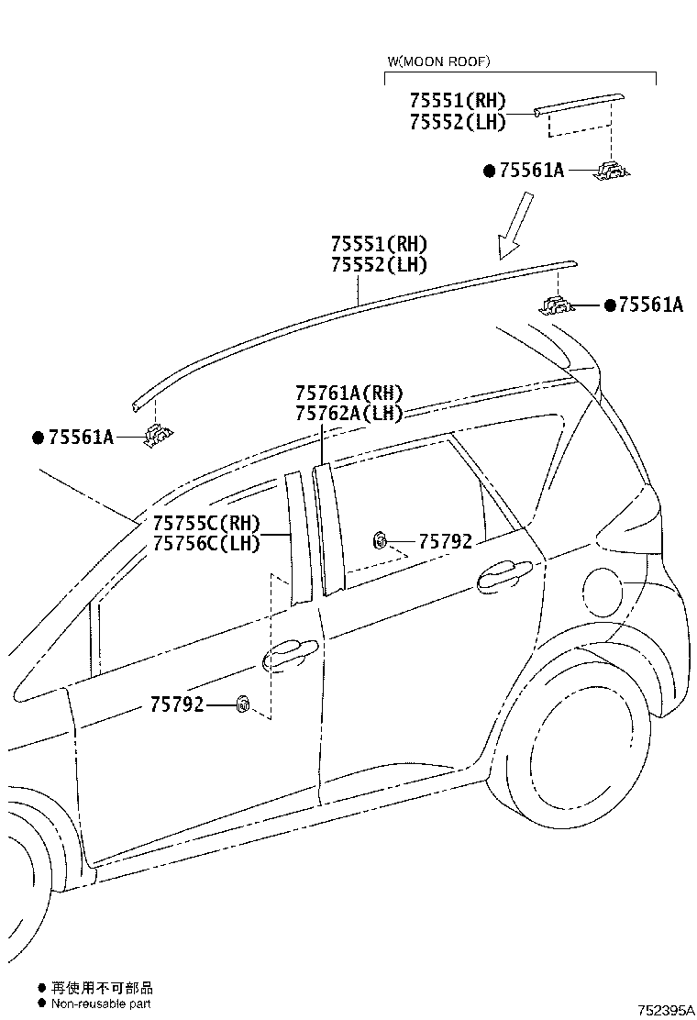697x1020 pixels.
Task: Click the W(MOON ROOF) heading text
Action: (x=439, y=61)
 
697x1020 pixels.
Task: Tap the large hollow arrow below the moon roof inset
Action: (x=515, y=225)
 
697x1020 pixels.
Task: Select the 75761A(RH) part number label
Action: (x=349, y=394)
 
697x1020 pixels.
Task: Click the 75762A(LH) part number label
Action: (x=349, y=413)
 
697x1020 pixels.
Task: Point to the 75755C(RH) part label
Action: (x=206, y=523)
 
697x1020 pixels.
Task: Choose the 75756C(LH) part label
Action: (x=206, y=542)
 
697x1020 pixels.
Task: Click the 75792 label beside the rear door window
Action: (x=446, y=541)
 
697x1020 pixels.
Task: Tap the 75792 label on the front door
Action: (x=177, y=704)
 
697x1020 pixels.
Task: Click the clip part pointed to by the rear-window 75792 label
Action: (x=380, y=540)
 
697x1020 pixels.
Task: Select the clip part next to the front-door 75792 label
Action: (x=243, y=704)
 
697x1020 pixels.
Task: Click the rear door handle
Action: (x=503, y=574)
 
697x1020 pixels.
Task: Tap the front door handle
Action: (x=290, y=654)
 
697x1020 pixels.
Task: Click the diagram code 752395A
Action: (x=666, y=1010)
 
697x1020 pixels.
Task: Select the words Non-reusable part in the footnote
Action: (x=101, y=1003)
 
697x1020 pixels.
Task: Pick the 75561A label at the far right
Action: (x=651, y=305)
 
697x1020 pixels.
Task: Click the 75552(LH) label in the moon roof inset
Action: (x=458, y=122)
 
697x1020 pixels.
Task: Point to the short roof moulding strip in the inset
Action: (x=580, y=104)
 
